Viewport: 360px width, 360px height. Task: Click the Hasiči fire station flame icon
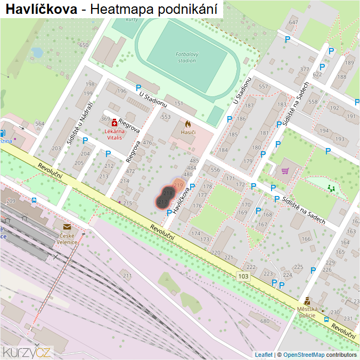188,124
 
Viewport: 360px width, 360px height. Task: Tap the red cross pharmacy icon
114,122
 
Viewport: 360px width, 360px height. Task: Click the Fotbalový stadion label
186,58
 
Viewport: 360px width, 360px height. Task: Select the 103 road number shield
243,275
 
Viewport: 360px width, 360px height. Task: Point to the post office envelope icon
67,227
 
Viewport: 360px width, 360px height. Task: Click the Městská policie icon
307,301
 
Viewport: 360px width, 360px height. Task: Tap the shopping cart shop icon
285,171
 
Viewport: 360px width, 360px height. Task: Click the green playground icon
332,187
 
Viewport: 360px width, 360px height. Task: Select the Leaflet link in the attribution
263,355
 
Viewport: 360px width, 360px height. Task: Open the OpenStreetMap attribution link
304,355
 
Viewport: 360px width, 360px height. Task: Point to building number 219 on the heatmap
178,185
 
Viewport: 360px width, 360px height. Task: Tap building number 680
265,321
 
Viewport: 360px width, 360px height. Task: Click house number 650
84,45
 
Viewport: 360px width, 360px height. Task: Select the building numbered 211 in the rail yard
127,276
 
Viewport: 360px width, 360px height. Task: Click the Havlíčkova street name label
182,198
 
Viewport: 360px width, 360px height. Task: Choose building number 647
293,22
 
